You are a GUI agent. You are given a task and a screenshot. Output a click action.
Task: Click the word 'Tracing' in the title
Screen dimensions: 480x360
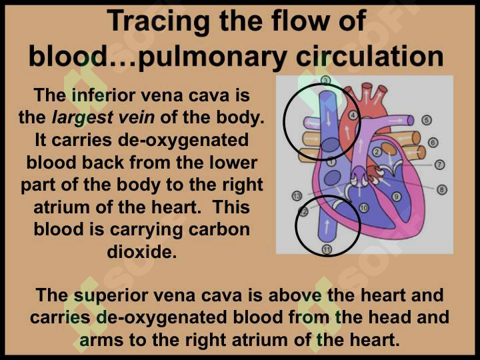pyautogui.click(x=159, y=21)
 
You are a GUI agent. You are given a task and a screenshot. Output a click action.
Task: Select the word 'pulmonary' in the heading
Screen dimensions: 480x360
pyautogui.click(x=213, y=57)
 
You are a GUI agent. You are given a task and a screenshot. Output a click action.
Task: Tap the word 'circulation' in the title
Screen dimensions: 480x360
pyautogui.click(x=370, y=56)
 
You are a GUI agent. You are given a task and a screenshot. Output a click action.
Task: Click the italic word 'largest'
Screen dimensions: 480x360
pyautogui.click(x=83, y=118)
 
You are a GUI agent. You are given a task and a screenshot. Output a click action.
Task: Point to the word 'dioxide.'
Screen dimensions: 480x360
pyautogui.click(x=142, y=251)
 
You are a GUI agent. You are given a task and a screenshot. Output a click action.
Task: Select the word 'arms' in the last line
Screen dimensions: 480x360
pyautogui.click(x=101, y=340)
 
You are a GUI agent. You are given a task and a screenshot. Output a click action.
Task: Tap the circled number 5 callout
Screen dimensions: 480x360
pyautogui.click(x=427, y=120)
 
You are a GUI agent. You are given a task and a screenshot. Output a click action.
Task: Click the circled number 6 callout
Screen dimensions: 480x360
pyautogui.click(x=433, y=143)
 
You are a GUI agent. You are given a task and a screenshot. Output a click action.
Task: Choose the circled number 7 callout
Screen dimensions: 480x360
pyautogui.click(x=439, y=165)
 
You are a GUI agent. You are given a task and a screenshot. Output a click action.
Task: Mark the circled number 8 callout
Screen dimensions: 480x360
pyautogui.click(x=442, y=189)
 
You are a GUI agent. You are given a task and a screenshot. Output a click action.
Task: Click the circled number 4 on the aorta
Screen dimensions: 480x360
pyautogui.click(x=353, y=115)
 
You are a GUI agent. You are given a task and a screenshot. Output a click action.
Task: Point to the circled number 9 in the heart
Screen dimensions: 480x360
pyautogui.click(x=397, y=196)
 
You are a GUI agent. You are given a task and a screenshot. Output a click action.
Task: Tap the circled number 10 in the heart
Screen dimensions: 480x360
pyautogui.click(x=364, y=208)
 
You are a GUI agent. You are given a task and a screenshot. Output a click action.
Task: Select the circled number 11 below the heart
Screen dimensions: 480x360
pyautogui.click(x=327, y=250)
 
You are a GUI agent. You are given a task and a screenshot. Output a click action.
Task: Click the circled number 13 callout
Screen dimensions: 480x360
pyautogui.click(x=297, y=195)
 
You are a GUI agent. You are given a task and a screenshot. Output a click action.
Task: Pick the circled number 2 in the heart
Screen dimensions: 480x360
pyautogui.click(x=377, y=152)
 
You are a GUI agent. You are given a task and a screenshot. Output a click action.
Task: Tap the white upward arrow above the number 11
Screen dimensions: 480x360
pyautogui.click(x=327, y=226)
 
